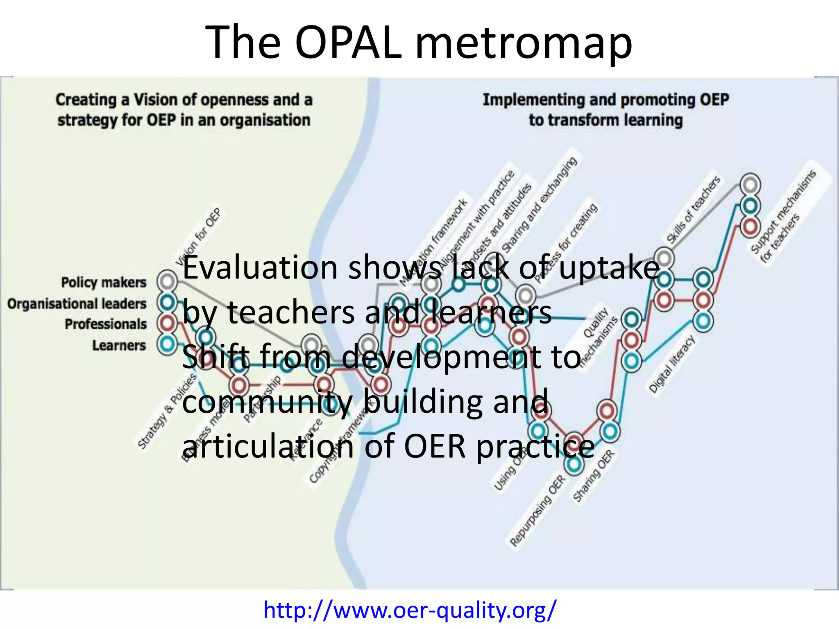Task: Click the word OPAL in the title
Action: [x=348, y=42]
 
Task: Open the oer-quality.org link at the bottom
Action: [x=410, y=609]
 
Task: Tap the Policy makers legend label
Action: [x=104, y=282]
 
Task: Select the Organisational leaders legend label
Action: [x=77, y=303]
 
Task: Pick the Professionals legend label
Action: [x=106, y=324]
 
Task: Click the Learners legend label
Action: [x=119, y=345]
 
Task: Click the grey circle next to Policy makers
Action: [x=167, y=281]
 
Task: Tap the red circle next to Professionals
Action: [x=167, y=324]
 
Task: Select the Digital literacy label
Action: [x=672, y=364]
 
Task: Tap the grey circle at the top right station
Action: [x=750, y=185]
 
